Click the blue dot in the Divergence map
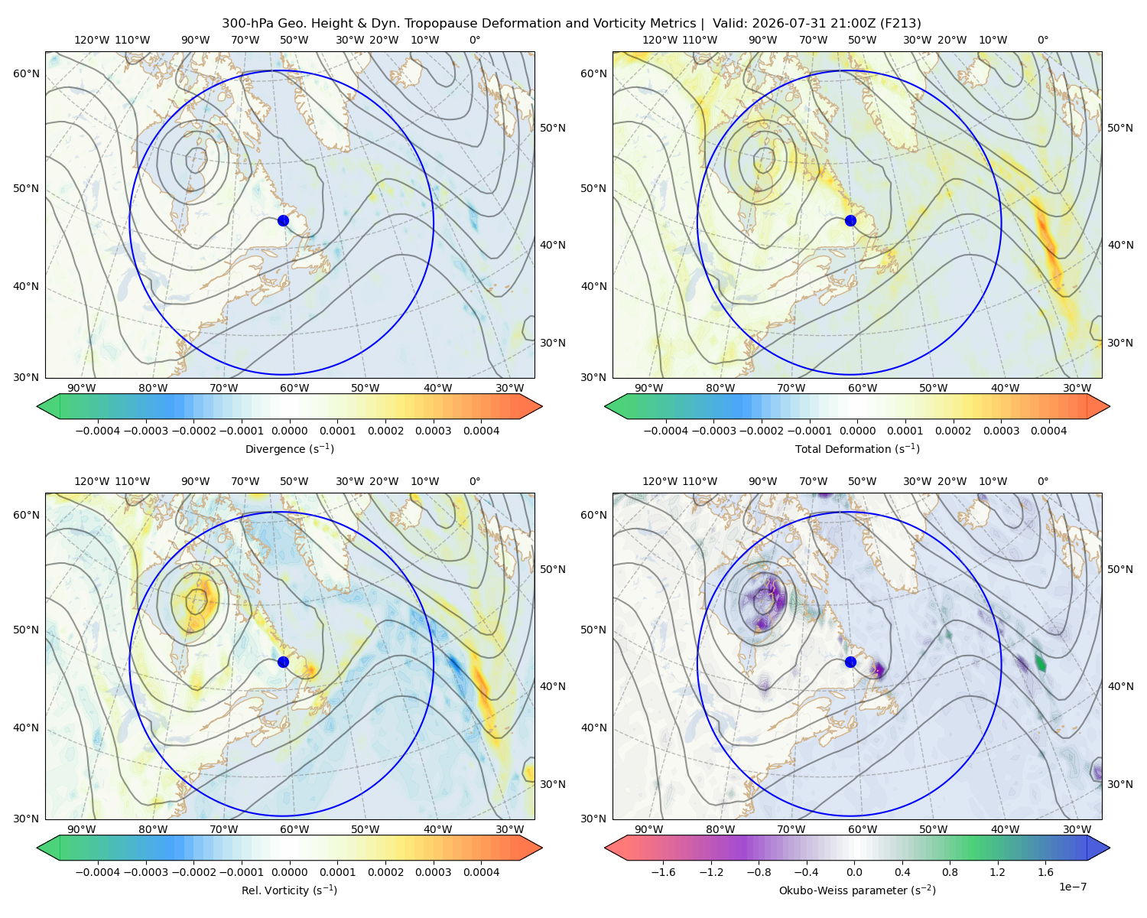click(283, 221)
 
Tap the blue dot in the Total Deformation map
click(850, 221)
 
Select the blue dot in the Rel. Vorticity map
click(283, 662)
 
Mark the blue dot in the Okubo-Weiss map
click(850, 662)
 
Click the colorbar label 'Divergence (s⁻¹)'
click(289, 449)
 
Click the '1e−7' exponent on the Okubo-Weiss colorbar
click(1072, 887)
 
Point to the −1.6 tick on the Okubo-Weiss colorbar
click(663, 872)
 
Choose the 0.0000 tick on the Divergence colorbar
click(289, 431)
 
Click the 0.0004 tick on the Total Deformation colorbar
click(1048, 431)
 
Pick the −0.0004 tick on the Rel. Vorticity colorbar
click(98, 872)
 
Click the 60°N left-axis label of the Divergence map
click(26, 73)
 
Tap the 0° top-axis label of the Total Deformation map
click(1042, 40)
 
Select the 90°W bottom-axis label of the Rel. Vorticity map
click(82, 829)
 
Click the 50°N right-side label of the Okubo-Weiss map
click(1120, 569)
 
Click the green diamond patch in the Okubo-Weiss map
click(1041, 662)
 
